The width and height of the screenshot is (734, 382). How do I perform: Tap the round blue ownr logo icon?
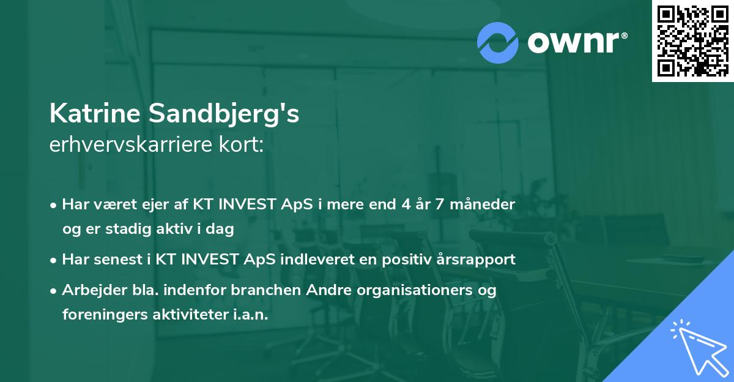point(498,42)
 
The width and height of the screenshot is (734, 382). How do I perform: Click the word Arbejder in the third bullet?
point(90,290)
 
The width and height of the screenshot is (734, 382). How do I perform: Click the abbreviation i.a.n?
point(253,314)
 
